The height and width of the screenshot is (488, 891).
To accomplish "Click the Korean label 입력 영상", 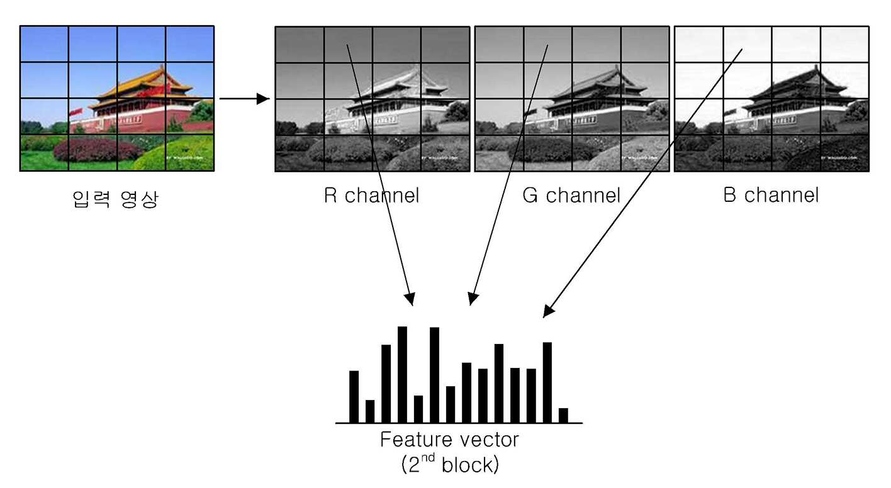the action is (115, 199).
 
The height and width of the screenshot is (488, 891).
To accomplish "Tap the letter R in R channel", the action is (330, 195).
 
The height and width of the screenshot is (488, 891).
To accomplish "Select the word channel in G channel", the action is (583, 195).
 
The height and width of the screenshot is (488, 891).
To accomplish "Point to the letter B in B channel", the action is (729, 195).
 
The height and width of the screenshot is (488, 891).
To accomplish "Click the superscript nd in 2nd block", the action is (428, 458).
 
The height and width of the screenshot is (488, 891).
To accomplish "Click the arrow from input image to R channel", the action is (244, 99).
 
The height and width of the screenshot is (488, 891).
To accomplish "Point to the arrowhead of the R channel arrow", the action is (410, 299).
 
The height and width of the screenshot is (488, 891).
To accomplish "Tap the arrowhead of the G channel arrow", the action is (473, 299).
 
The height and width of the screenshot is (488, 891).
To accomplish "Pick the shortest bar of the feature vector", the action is (563, 415).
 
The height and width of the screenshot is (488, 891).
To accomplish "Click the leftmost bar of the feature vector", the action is (354, 397).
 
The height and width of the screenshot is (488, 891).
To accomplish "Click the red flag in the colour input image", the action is (76, 113).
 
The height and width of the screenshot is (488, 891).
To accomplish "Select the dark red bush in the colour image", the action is (98, 150).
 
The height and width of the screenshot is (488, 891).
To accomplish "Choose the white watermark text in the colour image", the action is (184, 158).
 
